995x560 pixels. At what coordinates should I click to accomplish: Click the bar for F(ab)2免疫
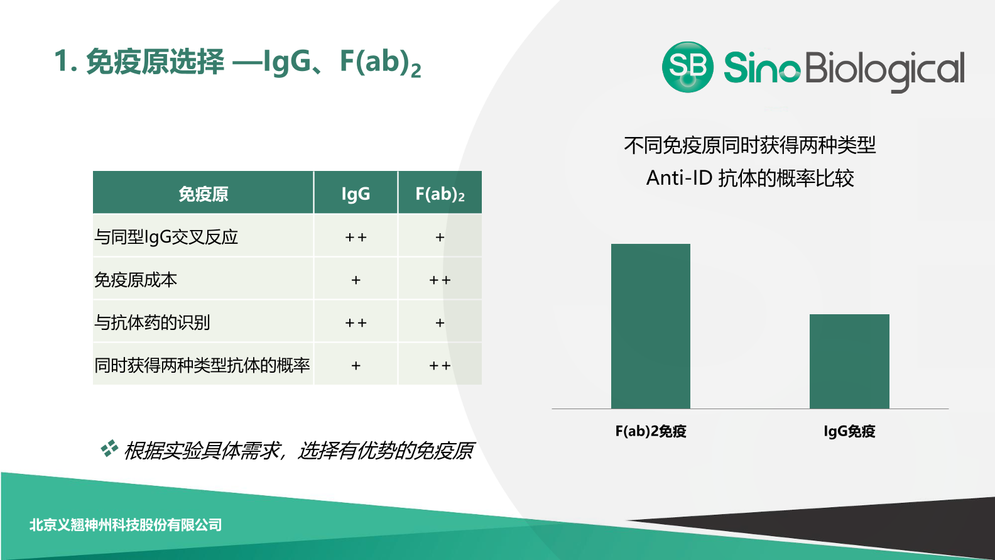651,326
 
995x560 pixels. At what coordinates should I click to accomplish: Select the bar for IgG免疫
849,361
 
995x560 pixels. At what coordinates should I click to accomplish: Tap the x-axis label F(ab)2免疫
651,431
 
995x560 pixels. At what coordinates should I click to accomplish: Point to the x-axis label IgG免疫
849,431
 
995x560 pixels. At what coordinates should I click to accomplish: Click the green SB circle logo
688,67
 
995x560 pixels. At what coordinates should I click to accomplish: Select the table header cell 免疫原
203,192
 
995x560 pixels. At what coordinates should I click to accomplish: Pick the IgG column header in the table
356,192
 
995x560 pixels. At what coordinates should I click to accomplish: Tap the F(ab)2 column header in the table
440,192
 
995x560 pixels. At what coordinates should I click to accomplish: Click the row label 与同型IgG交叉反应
166,237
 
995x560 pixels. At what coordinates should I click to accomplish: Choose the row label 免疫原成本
136,280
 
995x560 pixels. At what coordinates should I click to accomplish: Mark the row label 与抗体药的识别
152,322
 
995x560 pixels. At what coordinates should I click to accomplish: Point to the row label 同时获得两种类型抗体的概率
202,365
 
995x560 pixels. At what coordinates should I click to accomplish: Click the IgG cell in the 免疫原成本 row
356,280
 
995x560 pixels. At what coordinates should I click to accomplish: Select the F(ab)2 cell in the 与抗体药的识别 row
440,322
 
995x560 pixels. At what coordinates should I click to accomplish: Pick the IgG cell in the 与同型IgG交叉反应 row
356,237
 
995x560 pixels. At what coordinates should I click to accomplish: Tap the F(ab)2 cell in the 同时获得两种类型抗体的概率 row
440,365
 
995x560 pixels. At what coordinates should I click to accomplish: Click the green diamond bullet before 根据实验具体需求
109,448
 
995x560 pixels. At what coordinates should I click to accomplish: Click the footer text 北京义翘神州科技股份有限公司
126,525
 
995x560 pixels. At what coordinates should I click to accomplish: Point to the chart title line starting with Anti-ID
750,178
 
